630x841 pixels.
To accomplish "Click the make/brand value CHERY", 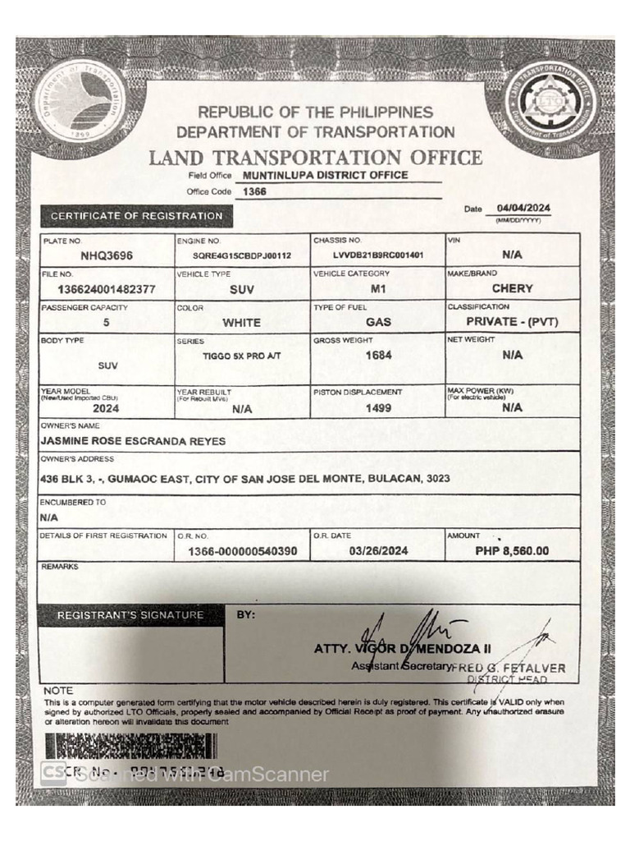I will click(x=512, y=288).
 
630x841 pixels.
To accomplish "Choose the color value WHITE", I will click(x=241, y=323).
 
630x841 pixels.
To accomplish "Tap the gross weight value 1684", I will click(x=378, y=356).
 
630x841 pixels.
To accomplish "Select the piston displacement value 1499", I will click(x=378, y=407).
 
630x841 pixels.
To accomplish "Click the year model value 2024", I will click(x=106, y=407).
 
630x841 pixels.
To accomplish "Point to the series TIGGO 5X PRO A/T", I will click(x=237, y=356).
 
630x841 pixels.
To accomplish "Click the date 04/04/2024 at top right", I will click(x=523, y=209).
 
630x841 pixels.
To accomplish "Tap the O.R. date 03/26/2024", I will click(x=378, y=551).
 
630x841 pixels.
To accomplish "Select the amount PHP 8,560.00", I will click(x=512, y=551).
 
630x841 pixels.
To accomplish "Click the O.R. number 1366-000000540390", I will click(x=242, y=552).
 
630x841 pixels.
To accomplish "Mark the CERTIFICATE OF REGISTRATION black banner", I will click(x=136, y=216).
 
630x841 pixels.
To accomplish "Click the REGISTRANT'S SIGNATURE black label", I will click(x=130, y=615).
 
